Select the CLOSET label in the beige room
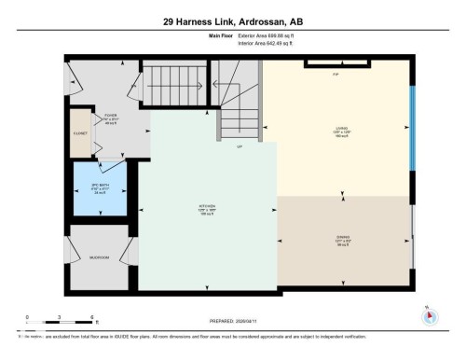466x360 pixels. (x=79, y=134)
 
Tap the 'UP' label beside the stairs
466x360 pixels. (x=240, y=147)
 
